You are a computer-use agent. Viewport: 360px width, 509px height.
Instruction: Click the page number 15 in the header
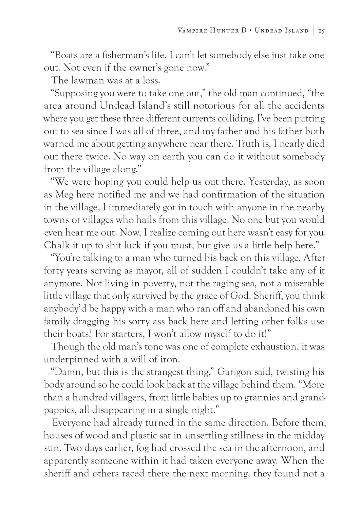[322, 31]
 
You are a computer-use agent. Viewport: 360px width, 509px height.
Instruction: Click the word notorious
[214, 106]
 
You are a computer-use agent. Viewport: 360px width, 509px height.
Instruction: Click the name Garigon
[234, 372]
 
